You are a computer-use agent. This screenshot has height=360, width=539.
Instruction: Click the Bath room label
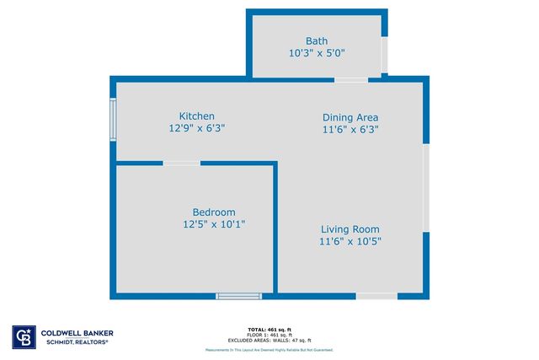point(317,40)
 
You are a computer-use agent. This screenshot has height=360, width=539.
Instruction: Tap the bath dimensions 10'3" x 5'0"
point(317,52)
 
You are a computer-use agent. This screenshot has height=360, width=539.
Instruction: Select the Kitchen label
point(196,116)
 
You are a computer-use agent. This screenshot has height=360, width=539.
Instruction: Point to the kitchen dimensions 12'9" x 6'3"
point(196,128)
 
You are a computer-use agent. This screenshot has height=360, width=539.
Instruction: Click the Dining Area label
point(350,117)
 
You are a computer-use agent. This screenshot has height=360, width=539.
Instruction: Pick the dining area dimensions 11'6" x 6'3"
point(350,129)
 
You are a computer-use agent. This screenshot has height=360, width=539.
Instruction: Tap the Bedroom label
point(214,212)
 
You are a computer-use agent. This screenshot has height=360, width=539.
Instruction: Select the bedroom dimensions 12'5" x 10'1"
point(214,224)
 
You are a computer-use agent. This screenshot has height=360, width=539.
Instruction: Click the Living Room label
point(350,229)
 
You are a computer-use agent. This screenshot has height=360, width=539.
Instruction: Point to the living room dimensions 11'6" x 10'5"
point(350,241)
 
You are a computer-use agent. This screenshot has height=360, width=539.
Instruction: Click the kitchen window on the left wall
point(113,119)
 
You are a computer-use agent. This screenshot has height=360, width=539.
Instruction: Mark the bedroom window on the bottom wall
point(239,295)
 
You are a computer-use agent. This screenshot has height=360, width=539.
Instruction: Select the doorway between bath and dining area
point(350,79)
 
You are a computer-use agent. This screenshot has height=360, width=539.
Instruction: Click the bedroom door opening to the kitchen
point(181,163)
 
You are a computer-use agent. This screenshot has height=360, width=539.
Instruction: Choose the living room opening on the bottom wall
point(376,295)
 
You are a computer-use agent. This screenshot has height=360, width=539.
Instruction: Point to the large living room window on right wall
point(426,187)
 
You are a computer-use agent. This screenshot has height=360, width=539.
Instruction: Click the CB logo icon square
point(21,336)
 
